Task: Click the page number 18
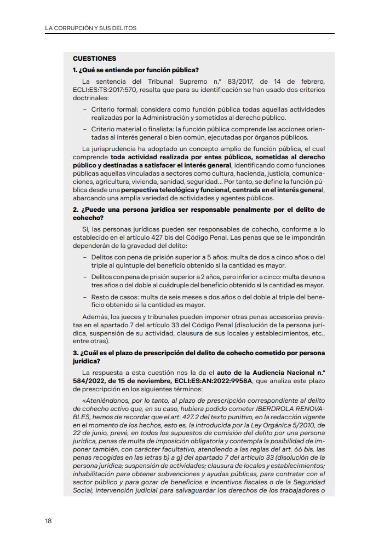point(48,520)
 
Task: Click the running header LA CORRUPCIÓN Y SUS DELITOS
point(90,27)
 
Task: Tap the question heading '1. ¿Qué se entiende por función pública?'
point(135,70)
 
